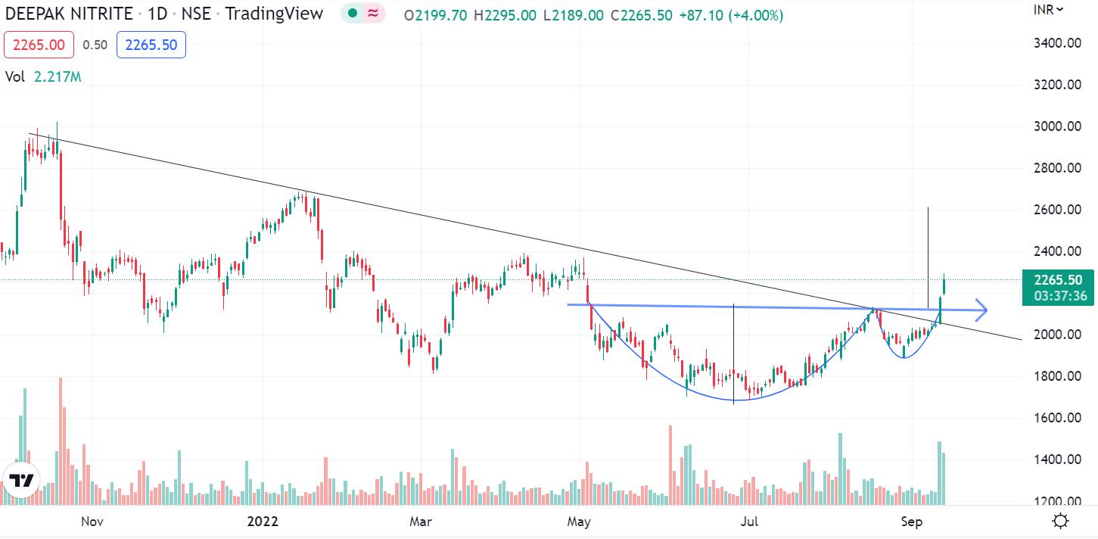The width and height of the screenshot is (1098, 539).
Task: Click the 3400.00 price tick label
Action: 1057,43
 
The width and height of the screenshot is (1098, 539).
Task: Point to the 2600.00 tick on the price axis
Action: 1057,210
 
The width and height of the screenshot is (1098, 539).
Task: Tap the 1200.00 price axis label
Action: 1057,501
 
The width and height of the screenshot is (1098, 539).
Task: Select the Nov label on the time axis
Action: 92,522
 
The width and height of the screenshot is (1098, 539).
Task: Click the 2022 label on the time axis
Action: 263,522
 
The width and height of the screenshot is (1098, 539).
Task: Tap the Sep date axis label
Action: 911,522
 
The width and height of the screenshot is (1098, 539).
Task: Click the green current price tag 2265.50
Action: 1057,279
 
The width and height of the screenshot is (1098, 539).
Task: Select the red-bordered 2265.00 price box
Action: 39,45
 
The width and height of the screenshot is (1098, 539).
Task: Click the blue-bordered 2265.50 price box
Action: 151,45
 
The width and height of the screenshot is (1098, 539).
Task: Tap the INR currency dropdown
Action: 1049,9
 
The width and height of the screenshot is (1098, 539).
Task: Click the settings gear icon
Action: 1061,521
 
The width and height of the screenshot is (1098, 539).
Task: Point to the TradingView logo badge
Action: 21,481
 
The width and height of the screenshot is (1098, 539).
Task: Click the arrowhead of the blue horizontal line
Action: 981,309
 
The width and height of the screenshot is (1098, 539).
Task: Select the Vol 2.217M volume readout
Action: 43,76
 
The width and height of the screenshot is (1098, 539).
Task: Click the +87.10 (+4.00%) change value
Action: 731,14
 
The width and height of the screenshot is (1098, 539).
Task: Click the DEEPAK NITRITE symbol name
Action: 69,13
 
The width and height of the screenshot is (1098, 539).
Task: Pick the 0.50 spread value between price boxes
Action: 95,45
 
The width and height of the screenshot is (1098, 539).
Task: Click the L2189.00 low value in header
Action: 574,14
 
